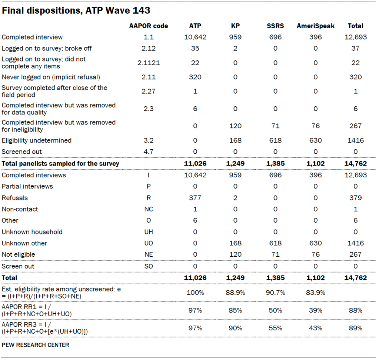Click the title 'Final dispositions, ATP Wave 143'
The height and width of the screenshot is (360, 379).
click(x=76, y=10)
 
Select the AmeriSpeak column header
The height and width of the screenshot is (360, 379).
click(x=316, y=26)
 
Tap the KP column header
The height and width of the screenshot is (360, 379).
click(x=235, y=26)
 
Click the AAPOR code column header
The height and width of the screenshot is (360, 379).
click(x=149, y=26)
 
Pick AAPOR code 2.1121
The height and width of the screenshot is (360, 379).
click(x=149, y=63)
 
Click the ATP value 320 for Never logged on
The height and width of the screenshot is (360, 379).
click(x=195, y=77)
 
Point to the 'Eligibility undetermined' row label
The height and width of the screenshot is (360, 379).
click(x=37, y=140)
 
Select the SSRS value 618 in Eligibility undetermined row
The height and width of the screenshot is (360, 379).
click(x=275, y=140)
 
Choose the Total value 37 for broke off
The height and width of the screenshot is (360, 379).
click(x=355, y=49)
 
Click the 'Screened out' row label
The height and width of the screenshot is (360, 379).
click(x=22, y=152)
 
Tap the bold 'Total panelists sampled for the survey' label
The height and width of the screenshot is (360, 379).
click(x=60, y=163)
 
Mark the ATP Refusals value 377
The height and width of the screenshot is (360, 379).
click(x=195, y=198)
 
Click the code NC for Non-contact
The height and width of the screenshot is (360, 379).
click(x=149, y=209)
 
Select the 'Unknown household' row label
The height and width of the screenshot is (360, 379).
click(x=32, y=232)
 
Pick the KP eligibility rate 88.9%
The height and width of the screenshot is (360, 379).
click(x=235, y=292)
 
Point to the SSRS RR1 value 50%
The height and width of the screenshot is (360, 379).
click(x=275, y=310)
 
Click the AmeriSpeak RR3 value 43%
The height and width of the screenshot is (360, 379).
click(x=316, y=328)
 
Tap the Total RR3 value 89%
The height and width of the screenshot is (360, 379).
click(x=355, y=328)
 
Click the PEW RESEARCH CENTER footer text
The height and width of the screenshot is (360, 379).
click(x=36, y=345)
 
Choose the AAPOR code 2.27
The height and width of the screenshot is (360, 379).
click(x=149, y=91)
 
